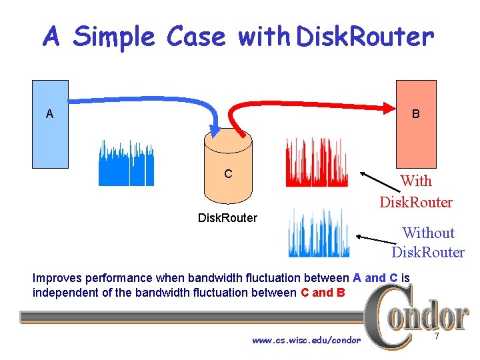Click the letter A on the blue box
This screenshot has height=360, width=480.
pos(49,114)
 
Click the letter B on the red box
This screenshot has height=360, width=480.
pos(415,114)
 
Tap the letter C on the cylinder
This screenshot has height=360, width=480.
pos(228,174)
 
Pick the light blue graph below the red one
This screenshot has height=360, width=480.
pos(318,233)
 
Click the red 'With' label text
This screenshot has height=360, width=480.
pos(415,181)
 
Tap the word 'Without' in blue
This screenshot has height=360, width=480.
pos(428,233)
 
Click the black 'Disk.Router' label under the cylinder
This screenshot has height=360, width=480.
pos(227,217)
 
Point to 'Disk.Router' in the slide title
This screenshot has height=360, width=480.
pos(365,37)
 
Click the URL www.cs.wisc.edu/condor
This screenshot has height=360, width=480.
pos(306,340)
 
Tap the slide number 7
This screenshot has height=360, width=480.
pos(437,337)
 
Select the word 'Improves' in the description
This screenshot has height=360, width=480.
pos(58,278)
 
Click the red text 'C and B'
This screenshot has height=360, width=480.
pos(323,292)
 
